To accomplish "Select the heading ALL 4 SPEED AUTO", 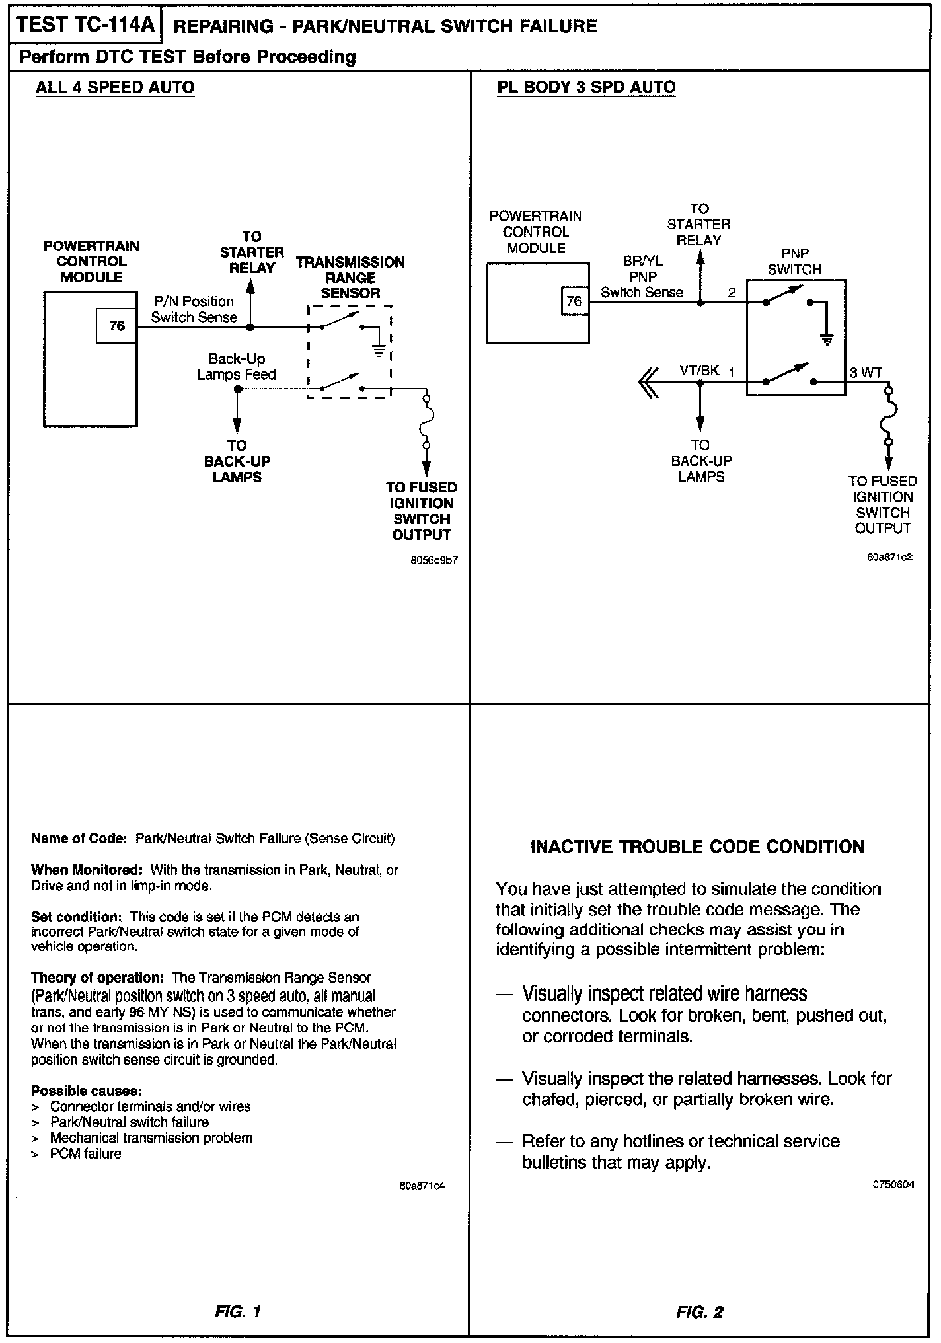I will coord(115,87).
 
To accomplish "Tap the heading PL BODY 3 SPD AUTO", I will coord(586,87).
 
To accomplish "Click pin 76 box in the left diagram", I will coord(116,326).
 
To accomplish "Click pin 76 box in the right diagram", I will coord(574,301).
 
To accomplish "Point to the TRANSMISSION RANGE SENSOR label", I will coord(350,278).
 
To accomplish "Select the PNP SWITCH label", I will coord(795,262).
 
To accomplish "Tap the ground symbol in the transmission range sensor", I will coord(379,351).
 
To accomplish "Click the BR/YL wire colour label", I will coord(642,262).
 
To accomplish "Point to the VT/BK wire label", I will coord(699,370).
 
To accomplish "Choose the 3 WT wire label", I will coord(866,373).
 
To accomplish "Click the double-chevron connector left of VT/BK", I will coord(649,382).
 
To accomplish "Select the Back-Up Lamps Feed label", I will coord(237,367).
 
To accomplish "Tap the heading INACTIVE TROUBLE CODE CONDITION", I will coord(697,847).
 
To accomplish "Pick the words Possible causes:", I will coord(87,1091).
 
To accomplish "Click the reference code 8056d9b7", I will coord(434,560).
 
